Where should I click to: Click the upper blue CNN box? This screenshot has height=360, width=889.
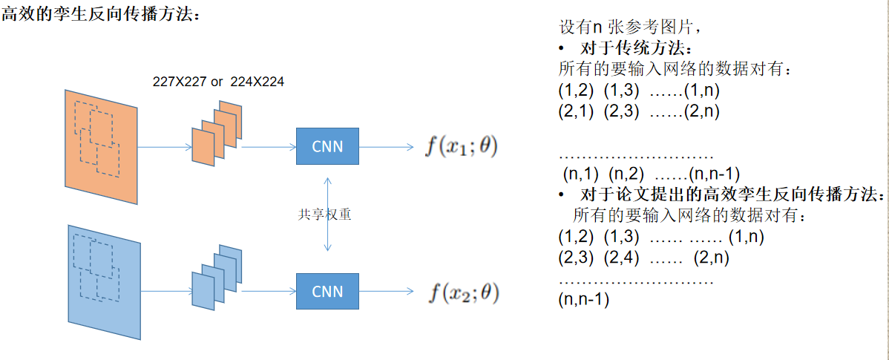pos(327,146)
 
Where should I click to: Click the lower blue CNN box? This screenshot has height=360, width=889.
pos(327,291)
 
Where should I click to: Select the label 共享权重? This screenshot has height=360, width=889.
pos(324,215)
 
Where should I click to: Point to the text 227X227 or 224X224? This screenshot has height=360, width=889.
pos(218,82)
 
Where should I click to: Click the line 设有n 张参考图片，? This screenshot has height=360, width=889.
pos(630,27)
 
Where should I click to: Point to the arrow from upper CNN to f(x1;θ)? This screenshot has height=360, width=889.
pos(386,147)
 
